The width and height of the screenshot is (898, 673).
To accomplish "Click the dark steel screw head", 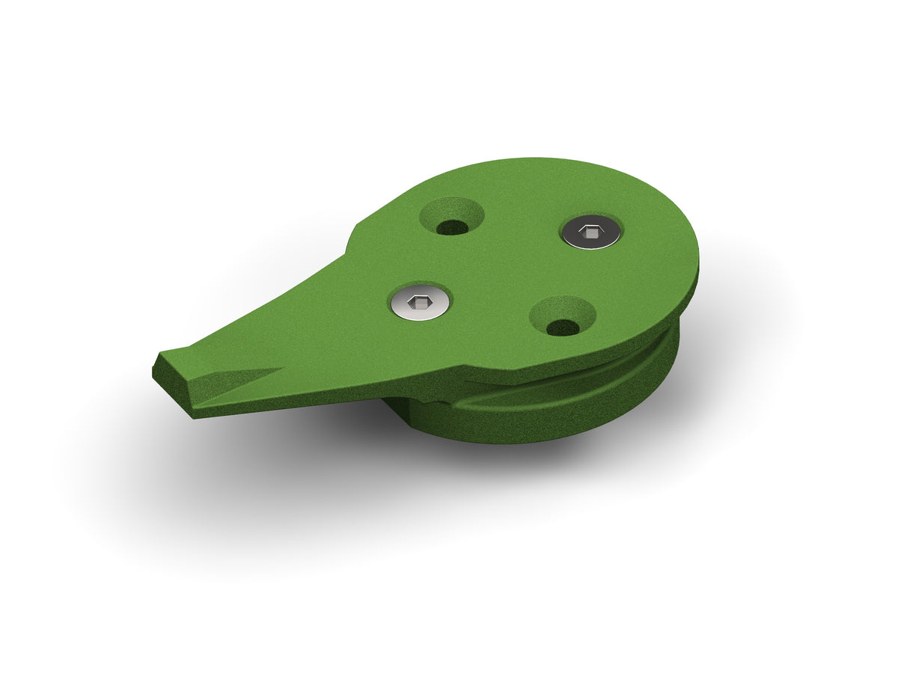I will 591,233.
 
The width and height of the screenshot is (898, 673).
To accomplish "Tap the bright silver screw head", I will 421,303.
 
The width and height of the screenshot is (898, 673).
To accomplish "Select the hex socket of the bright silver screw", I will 421,303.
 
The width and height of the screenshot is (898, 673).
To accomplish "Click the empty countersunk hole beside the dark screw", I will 451,217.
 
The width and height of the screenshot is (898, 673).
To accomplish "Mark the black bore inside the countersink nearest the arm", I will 450,227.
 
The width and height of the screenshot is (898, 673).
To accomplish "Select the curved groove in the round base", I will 569,389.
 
